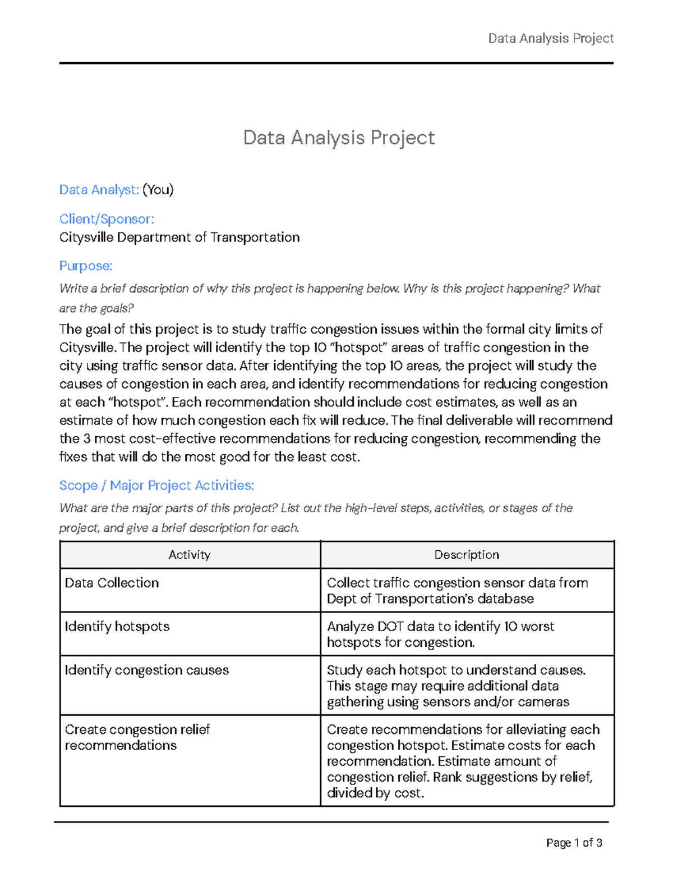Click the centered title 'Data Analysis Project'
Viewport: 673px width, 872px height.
tap(339, 138)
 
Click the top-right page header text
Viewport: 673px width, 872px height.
tap(550, 38)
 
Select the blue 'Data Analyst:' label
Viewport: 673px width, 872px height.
tap(99, 190)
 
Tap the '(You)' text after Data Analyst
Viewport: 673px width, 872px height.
tap(158, 190)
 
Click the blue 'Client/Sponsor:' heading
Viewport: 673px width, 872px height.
tap(107, 219)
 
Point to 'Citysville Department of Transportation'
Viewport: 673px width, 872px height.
tap(179, 238)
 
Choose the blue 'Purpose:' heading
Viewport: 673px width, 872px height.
tap(86, 266)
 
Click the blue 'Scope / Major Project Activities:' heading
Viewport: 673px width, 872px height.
tap(156, 485)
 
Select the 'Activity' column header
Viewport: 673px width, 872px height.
tap(190, 555)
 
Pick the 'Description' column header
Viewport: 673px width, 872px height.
tap(467, 555)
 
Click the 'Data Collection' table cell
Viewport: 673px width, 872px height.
tap(112, 583)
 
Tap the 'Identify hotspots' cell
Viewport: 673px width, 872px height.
tap(117, 627)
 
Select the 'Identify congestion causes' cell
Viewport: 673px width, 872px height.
tap(146, 670)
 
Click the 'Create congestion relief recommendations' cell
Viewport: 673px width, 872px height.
tap(137, 737)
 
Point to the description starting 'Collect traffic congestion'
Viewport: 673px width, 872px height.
tap(457, 591)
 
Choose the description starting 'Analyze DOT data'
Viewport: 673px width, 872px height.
tap(440, 634)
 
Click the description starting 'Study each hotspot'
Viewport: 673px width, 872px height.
tap(456, 686)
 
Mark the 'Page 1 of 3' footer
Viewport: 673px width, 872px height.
tap(574, 843)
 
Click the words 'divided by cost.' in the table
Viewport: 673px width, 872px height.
tap(375, 793)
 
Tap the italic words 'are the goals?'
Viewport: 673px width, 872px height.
tap(96, 308)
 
